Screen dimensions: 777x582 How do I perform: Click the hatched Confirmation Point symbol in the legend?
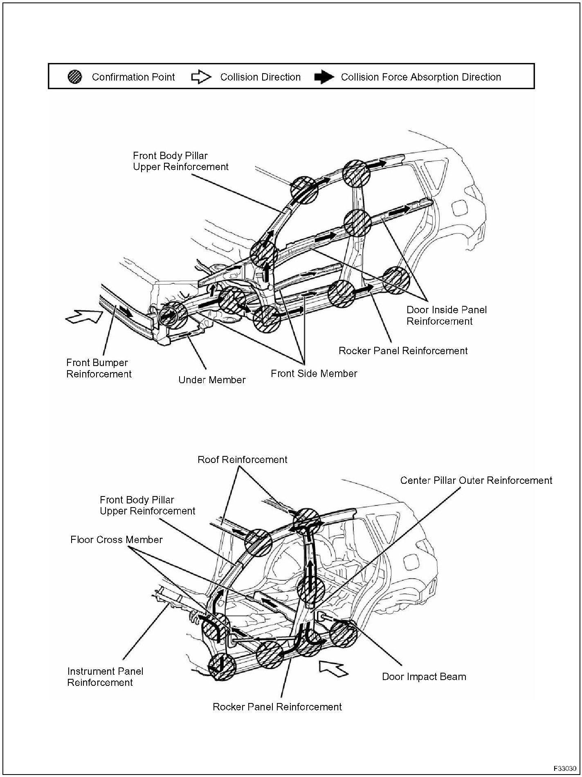pos(75,77)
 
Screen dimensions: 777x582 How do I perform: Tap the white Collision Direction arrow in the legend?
pos(201,77)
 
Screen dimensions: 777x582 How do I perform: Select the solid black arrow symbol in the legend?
pos(324,77)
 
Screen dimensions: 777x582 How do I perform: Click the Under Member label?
pos(212,380)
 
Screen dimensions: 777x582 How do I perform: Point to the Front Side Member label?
pos(314,373)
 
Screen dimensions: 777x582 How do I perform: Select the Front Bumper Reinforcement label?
pos(99,368)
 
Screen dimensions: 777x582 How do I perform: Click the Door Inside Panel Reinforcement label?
pos(447,315)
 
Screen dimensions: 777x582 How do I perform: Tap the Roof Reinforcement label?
pos(242,460)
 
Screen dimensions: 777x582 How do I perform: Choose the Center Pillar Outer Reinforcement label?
pos(476,480)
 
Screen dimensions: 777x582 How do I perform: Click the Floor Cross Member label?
pos(116,540)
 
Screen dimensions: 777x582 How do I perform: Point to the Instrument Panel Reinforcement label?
pos(105,677)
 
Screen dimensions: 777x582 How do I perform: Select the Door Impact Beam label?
pos(424,677)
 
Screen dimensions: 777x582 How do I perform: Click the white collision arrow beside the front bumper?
pos(84,316)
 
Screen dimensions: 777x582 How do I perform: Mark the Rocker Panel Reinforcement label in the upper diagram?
pos(403,350)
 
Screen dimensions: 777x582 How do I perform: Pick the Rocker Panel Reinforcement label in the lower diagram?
pos(277,707)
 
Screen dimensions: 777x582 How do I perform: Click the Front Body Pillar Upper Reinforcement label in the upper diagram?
pos(180,161)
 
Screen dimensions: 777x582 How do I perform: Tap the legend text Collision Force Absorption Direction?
pos(421,77)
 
